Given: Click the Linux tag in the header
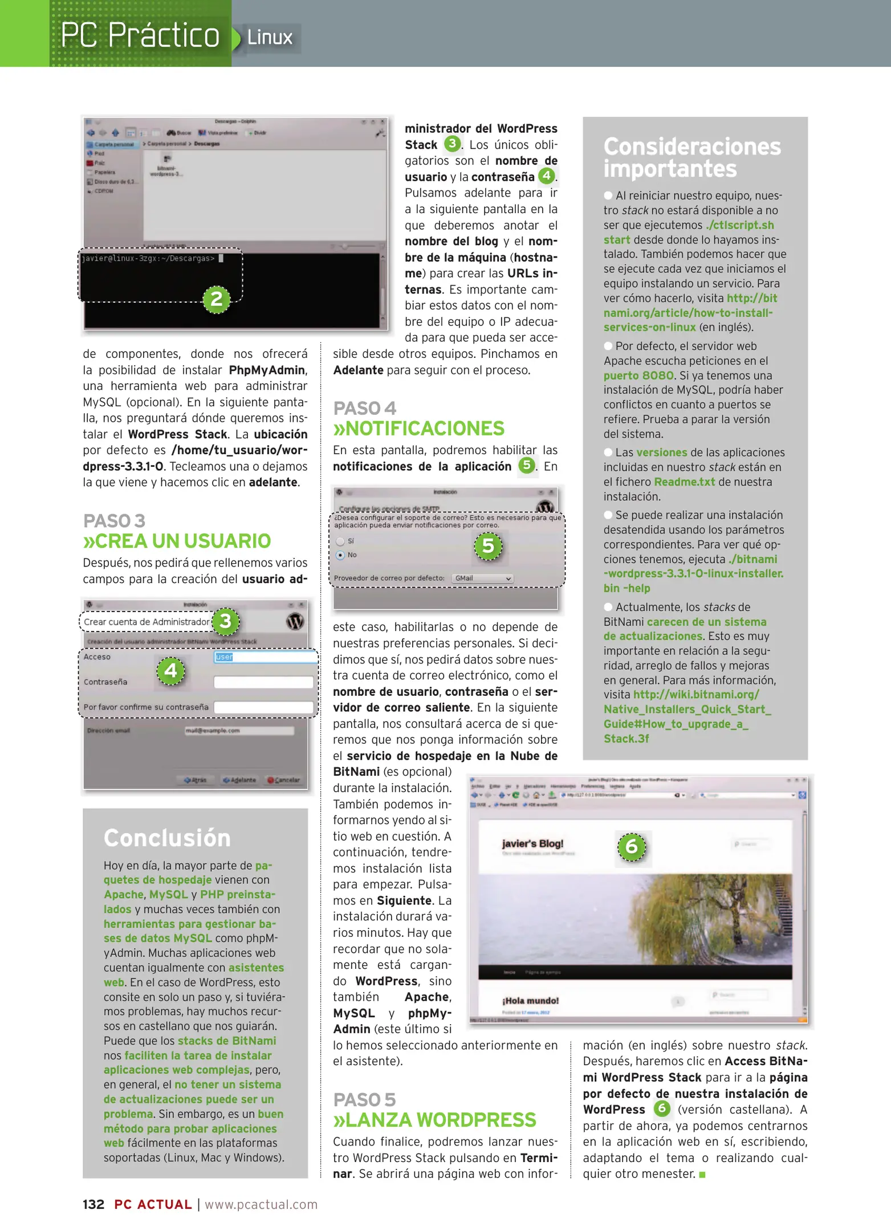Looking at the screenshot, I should pos(269,38).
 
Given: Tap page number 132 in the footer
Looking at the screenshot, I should pos(93,1204).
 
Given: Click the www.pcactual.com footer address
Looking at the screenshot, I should pos(261,1204).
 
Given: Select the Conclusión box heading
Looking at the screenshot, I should pos(167,838).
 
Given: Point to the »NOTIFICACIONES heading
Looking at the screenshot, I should pos(418,429).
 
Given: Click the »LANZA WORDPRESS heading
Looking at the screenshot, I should pos(434,1120).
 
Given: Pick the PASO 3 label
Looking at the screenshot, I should pos(114,520).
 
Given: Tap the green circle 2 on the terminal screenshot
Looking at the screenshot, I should pos(217,299).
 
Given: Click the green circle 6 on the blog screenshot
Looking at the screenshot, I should pos(632,847).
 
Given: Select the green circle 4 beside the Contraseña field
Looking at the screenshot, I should pos(170,671).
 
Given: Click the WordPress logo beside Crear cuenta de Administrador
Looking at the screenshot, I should pos(295,621).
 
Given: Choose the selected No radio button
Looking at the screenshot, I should pos(340,555).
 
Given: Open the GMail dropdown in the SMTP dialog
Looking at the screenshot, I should pos(482,578).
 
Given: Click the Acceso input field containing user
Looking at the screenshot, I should pos(265,657).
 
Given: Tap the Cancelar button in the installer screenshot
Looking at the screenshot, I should pos(284,780).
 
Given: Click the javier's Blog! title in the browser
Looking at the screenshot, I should pos(532,843).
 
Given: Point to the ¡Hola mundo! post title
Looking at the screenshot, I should pos(530,1000).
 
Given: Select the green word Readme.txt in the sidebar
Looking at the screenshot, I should pos(684,482).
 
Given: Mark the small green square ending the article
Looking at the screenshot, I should pos(702,1175).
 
